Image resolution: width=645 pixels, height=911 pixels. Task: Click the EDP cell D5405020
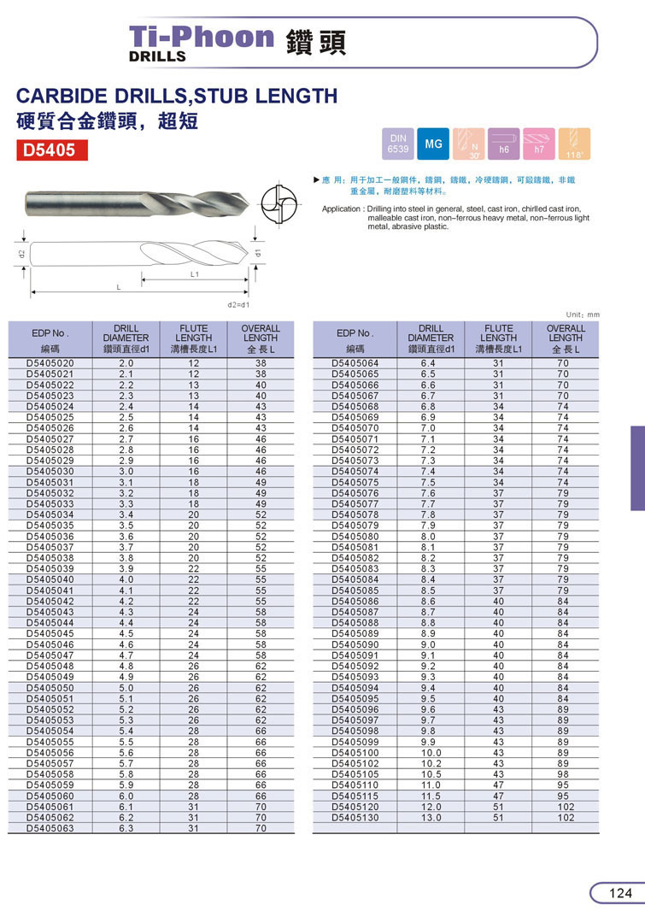point(50,363)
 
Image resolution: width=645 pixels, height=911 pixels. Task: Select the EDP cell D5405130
point(355,817)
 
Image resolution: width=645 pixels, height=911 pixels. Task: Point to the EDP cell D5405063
point(50,828)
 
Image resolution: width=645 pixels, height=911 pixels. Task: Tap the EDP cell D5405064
point(355,363)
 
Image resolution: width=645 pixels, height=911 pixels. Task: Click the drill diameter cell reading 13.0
point(431,817)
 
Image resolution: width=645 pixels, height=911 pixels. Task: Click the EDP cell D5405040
point(50,579)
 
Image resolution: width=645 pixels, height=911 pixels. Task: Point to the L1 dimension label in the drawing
point(194,274)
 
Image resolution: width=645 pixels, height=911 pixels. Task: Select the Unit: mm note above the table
point(583,314)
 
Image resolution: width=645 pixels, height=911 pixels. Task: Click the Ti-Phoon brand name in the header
point(201,37)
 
